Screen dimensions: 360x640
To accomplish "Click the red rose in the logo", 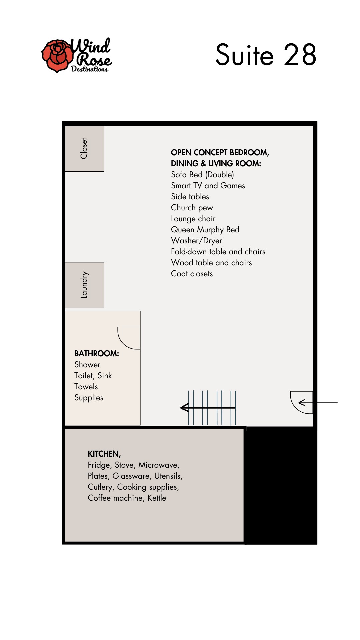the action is tap(57, 56).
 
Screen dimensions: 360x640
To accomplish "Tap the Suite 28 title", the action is tap(266, 55).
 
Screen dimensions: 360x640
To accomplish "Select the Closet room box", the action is tap(85, 149).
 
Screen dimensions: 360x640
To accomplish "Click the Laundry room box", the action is tap(85, 285).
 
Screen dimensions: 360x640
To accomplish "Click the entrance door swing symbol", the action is tap(296, 407).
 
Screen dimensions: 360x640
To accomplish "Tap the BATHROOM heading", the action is tap(97, 353).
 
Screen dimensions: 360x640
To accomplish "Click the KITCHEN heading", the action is tap(104, 454).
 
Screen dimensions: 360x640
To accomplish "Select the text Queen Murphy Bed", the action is tap(205, 230).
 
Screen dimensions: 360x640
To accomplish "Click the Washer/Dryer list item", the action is tap(196, 241).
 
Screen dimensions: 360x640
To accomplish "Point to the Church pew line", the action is tap(192, 208).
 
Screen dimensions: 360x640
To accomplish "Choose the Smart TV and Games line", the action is tap(208, 186).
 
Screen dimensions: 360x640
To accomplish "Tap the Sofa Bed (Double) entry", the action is tap(202, 175).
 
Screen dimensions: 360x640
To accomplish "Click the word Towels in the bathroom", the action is tap(86, 387).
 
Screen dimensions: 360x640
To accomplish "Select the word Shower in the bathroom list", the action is tap(87, 365).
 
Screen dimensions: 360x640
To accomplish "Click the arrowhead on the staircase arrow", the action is tap(184, 407).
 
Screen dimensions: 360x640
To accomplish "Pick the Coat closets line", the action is tap(192, 274).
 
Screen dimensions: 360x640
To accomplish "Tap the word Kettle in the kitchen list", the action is tap(157, 498).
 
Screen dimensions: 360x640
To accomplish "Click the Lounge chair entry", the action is tap(193, 219).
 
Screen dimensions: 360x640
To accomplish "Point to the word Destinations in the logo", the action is tap(90, 69).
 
